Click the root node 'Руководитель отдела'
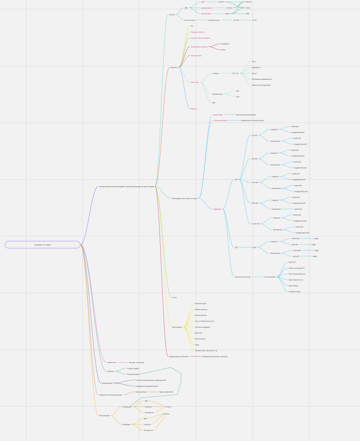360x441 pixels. click(42, 245)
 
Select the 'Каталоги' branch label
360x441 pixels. click(174, 67)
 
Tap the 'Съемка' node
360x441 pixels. click(172, 15)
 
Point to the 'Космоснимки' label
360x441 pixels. click(190, 20)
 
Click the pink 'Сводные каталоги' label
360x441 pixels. click(198, 32)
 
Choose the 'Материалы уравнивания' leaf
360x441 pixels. click(261, 79)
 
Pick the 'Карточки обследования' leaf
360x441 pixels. click(261, 85)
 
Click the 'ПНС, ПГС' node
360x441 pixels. click(235, 73)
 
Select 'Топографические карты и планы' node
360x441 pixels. click(185, 198)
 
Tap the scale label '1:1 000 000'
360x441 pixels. click(255, 224)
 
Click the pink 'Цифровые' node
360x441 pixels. click(217, 209)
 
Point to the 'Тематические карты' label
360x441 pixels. click(242, 277)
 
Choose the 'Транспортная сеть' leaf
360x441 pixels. click(296, 280)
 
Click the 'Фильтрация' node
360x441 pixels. click(177, 327)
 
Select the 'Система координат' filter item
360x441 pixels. click(202, 327)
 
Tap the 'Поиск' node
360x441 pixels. click(175, 297)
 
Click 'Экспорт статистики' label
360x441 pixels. click(136, 362)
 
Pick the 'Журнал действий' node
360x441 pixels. click(166, 392)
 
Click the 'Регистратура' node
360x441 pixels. click(104, 416)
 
